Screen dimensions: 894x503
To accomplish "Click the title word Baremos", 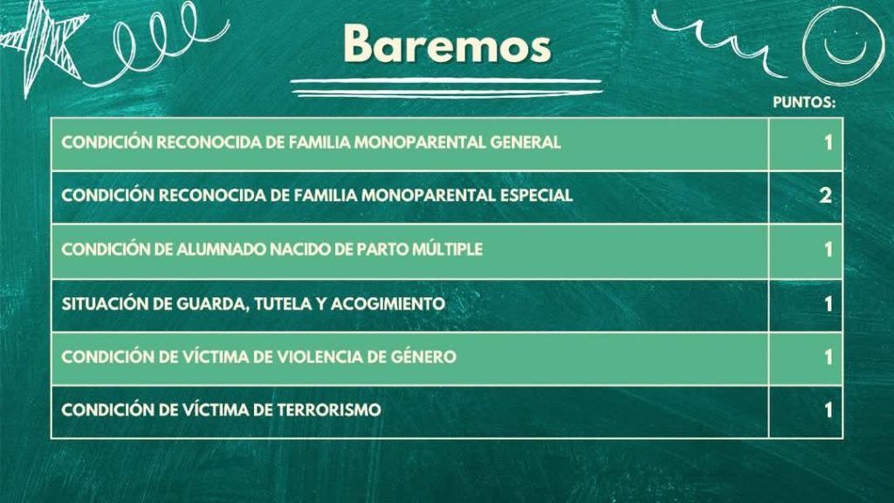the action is point(448,44).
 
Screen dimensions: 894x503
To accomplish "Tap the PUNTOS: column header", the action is point(804,102).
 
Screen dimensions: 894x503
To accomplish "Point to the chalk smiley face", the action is point(843,45).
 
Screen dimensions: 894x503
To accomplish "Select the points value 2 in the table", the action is point(825,196).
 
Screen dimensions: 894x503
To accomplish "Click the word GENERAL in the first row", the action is point(525,142).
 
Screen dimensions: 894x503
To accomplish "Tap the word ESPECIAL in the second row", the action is point(536,195).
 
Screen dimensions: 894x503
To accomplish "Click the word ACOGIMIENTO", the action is point(388,303).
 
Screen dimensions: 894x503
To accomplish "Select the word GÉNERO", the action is point(423,356).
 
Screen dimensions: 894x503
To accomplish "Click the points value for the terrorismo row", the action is point(828,410).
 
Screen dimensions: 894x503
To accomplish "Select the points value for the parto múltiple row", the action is point(828,249).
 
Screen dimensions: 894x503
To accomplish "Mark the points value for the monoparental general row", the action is point(828,142).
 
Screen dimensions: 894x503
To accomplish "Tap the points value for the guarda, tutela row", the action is point(828,304).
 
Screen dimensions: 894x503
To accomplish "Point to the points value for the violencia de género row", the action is point(828,357).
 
